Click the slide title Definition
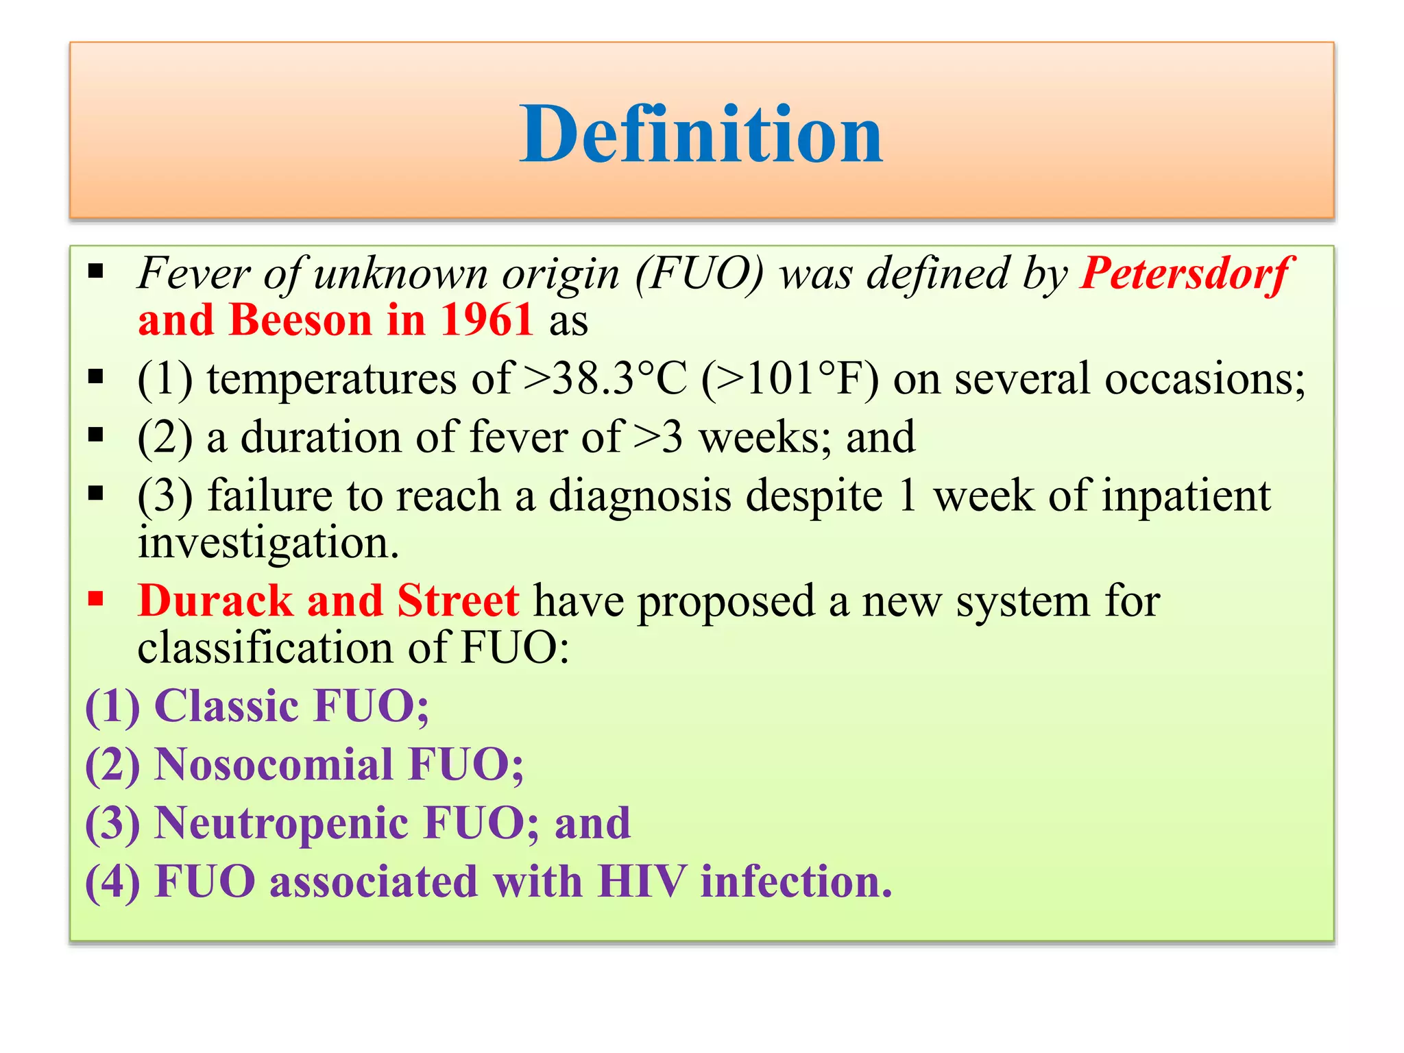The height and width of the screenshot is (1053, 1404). (701, 135)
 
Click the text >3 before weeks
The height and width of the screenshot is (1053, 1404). (658, 437)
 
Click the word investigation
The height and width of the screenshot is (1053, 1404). (267, 543)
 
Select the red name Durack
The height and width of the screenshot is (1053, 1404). (215, 601)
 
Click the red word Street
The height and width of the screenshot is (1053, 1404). (457, 601)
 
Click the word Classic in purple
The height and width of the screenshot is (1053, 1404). (226, 706)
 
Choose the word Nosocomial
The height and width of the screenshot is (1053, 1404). (274, 764)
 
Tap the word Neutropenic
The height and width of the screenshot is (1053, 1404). (281, 823)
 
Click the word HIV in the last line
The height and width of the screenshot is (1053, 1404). (641, 881)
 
